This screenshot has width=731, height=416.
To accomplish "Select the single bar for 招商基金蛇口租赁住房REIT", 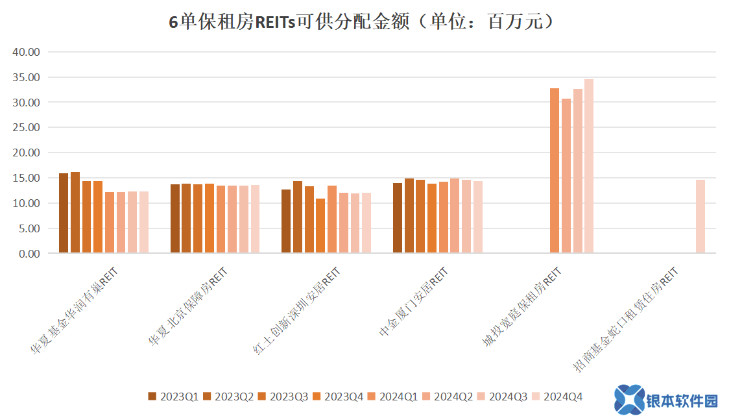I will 700,217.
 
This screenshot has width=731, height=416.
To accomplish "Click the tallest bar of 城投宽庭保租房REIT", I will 588,166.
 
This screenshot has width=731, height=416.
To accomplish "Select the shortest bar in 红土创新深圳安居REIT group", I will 320,226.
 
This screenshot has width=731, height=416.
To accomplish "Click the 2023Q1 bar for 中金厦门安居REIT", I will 398,218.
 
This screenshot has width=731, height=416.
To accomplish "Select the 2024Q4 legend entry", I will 557,397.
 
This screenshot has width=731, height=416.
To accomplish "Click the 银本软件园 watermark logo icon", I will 629,398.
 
